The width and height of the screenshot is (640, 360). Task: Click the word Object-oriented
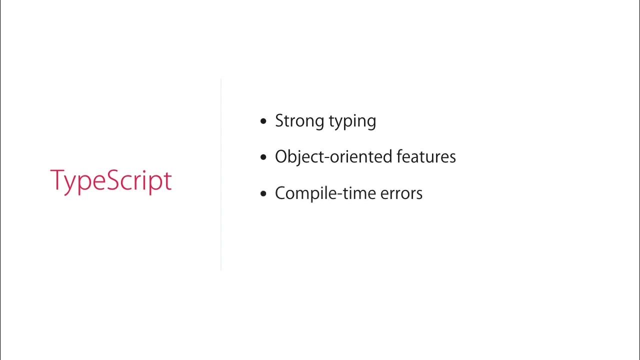tap(333, 157)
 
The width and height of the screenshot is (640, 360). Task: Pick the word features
tap(426, 157)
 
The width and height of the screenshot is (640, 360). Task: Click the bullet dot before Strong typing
tap(264, 121)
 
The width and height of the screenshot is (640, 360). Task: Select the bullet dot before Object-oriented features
tap(264, 157)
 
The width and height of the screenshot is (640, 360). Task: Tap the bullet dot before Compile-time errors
tap(264, 194)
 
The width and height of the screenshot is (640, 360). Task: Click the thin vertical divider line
tap(220, 175)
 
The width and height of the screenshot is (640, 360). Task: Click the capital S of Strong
tap(280, 121)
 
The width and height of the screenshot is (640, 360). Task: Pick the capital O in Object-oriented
tap(281, 157)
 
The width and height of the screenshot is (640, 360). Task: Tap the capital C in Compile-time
tap(281, 193)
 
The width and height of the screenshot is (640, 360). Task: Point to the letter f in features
tap(399, 156)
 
